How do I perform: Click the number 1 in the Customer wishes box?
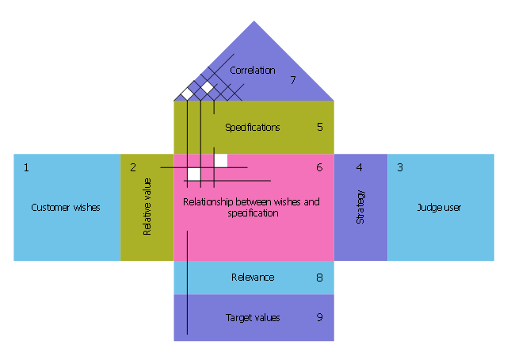pyautogui.click(x=26, y=167)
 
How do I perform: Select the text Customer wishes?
pyautogui.click(x=66, y=208)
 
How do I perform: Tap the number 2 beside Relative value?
pyautogui.click(x=133, y=167)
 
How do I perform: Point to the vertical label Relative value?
pyautogui.click(x=147, y=207)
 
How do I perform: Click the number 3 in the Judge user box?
pyautogui.click(x=400, y=167)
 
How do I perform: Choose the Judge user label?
pyautogui.click(x=439, y=208)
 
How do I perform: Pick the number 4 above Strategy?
pyautogui.click(x=360, y=167)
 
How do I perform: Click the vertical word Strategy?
pyautogui.click(x=361, y=206)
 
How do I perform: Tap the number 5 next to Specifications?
pyautogui.click(x=319, y=126)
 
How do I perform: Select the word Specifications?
pyautogui.click(x=253, y=127)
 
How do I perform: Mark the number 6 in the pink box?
pyautogui.click(x=319, y=167)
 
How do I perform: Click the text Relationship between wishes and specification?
pyautogui.click(x=251, y=208)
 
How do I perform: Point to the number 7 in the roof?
pyautogui.click(x=292, y=80)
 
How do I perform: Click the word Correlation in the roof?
pyautogui.click(x=253, y=71)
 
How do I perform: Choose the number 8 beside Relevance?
pyautogui.click(x=319, y=277)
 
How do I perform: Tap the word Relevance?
pyautogui.click(x=253, y=278)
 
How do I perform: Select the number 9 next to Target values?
pyautogui.click(x=319, y=317)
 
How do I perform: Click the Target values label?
pyautogui.click(x=253, y=318)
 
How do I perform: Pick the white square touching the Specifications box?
pyautogui.click(x=221, y=160)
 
